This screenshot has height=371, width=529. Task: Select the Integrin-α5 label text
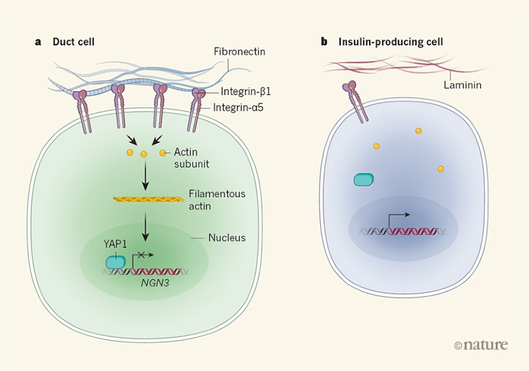click(x=248, y=108)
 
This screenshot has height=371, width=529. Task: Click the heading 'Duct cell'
click(x=74, y=42)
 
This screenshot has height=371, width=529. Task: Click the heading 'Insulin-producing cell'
click(x=390, y=42)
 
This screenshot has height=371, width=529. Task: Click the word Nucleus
click(x=229, y=238)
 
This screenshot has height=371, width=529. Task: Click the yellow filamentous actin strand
click(x=148, y=199)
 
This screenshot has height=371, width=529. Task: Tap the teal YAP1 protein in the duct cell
click(x=116, y=262)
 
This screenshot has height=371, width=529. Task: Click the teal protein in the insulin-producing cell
click(x=365, y=179)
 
